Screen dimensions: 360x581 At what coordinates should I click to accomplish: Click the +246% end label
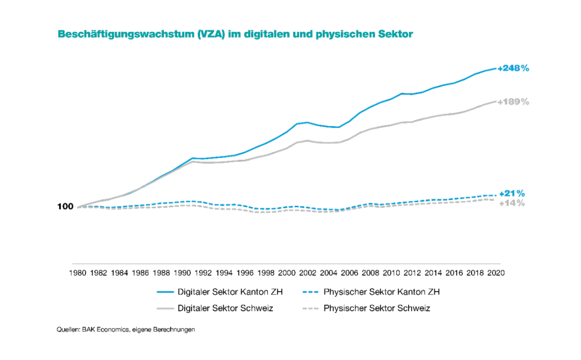click(513, 69)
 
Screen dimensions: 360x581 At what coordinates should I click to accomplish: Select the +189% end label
click(513, 102)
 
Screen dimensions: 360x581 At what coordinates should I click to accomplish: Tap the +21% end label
click(512, 194)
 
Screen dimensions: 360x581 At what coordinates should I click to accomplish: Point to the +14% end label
click(512, 203)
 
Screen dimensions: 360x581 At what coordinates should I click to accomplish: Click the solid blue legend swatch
click(165, 292)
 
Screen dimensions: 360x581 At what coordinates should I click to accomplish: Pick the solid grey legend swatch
click(165, 308)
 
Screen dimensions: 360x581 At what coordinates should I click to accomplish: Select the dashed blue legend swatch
click(310, 292)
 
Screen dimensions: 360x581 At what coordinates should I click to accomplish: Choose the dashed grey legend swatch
click(310, 308)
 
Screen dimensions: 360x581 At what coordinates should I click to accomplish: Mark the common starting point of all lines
click(78, 207)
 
